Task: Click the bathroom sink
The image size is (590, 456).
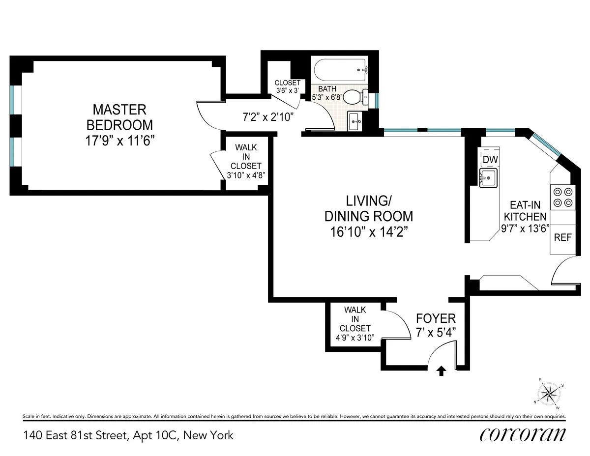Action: click(354, 121)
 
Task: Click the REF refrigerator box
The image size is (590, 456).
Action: click(562, 237)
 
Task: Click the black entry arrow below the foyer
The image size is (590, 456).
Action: click(441, 371)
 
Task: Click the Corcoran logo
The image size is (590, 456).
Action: click(522, 435)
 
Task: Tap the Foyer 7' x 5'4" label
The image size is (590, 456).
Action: click(436, 324)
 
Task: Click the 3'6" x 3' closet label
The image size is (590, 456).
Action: click(287, 87)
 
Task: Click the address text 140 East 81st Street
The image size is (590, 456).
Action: click(128, 435)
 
